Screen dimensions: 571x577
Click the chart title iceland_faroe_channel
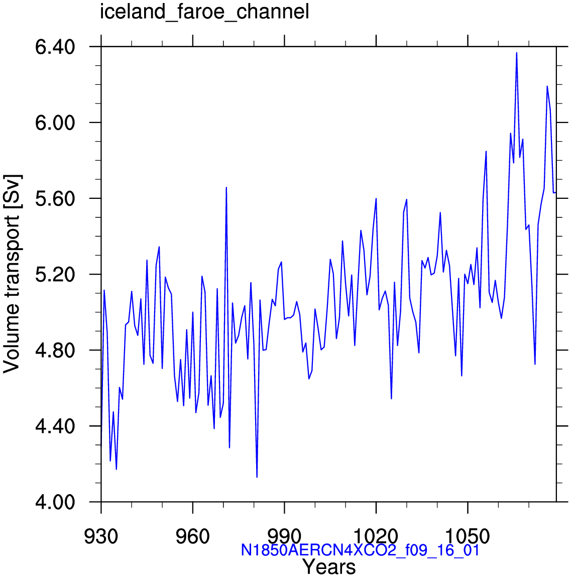pyautogui.click(x=204, y=12)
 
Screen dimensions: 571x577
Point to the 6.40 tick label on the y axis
pyautogui.click(x=55, y=47)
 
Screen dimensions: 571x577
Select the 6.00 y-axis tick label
pyautogui.click(x=55, y=123)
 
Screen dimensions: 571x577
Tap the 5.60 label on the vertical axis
pyautogui.click(x=55, y=199)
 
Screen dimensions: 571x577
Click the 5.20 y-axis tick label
pyautogui.click(x=55, y=275)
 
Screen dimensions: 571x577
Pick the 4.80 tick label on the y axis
pyautogui.click(x=55, y=351)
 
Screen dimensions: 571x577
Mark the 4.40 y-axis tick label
pyautogui.click(x=55, y=426)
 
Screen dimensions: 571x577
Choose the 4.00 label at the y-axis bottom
pyautogui.click(x=55, y=502)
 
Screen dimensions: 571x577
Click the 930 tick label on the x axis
pyautogui.click(x=101, y=536)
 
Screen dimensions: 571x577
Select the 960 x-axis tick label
pyautogui.click(x=192, y=536)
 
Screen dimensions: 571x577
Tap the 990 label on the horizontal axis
pyautogui.click(x=284, y=536)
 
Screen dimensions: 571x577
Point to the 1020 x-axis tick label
pyautogui.click(x=376, y=536)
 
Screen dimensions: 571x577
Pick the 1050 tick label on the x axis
pyautogui.click(x=468, y=536)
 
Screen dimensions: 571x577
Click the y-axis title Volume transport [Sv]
pyautogui.click(x=12, y=274)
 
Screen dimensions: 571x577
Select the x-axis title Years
pyautogui.click(x=329, y=566)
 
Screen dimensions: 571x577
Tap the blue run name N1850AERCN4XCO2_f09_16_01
pyautogui.click(x=360, y=550)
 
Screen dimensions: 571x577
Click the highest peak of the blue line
pyautogui.click(x=517, y=53)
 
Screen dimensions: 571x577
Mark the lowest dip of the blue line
pyautogui.click(x=257, y=477)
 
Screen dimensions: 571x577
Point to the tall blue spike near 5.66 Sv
pyautogui.click(x=226, y=188)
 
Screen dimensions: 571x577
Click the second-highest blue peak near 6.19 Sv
pyautogui.click(x=547, y=86)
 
